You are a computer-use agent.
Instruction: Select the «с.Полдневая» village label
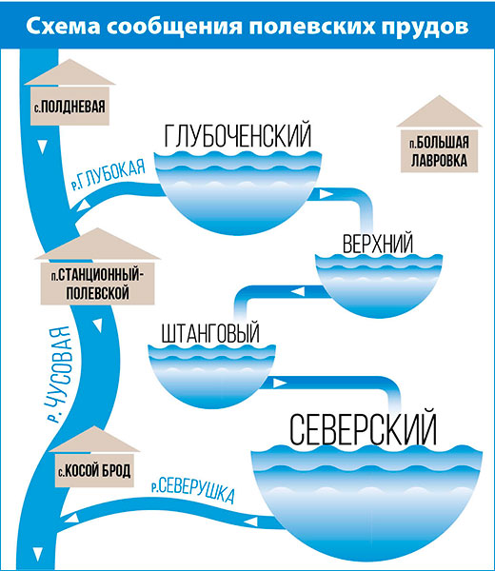tap(69, 107)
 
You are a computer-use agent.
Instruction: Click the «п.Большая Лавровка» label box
tap(439, 151)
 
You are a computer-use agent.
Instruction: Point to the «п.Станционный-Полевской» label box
tap(97, 284)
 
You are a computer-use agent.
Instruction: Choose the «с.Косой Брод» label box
tap(94, 470)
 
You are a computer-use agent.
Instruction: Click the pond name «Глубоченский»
tap(238, 136)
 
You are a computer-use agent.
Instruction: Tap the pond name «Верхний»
tap(378, 244)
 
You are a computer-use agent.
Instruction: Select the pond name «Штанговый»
tap(210, 332)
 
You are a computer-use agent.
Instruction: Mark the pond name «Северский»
tap(363, 428)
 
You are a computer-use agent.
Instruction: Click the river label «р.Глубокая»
tap(109, 175)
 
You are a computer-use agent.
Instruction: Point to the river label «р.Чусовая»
tap(59, 375)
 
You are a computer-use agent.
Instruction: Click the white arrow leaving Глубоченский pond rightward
tap(326, 194)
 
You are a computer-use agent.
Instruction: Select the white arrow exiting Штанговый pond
tap(280, 384)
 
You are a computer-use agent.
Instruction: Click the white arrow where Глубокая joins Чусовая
tap(84, 207)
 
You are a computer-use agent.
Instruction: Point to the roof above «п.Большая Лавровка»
tap(439, 111)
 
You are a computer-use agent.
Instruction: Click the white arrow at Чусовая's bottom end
tap(37, 554)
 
